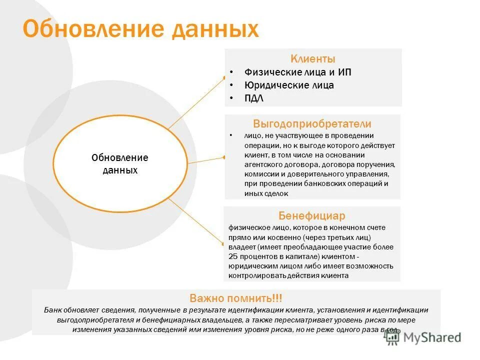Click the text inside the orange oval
[120, 164]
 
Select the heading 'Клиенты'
[313, 59]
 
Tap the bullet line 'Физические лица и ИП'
[298, 72]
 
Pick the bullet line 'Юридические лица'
[289, 85]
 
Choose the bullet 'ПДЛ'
[254, 98]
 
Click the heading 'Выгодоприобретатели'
[312, 124]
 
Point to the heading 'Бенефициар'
[312, 216]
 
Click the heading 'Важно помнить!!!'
[235, 298]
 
